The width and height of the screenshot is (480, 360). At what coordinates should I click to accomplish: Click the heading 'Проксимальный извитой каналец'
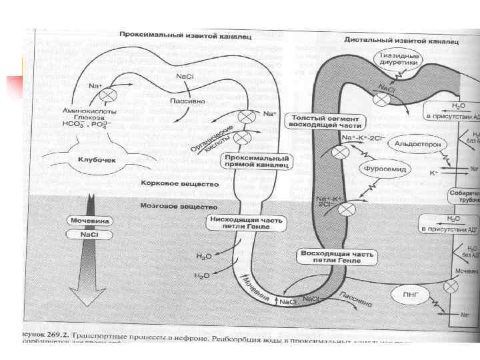click(x=185, y=34)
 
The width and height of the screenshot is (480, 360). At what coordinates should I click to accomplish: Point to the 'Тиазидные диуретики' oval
click(x=398, y=59)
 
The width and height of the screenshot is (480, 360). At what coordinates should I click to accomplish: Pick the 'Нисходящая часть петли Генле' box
click(x=238, y=222)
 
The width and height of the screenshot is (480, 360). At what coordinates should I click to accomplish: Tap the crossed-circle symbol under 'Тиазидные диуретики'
click(x=382, y=99)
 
